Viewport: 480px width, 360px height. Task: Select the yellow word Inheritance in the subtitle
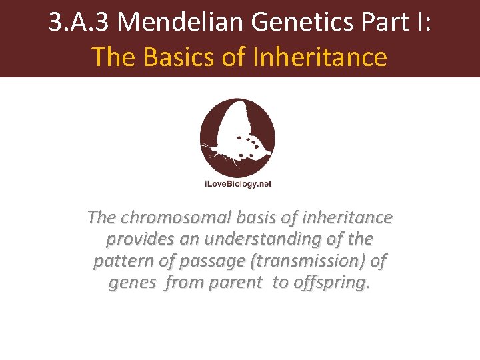(320, 57)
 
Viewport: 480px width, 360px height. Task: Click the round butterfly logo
(237, 137)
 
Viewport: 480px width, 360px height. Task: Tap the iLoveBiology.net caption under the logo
(237, 184)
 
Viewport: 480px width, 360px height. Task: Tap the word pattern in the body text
(118, 261)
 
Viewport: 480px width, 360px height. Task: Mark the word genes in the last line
(131, 282)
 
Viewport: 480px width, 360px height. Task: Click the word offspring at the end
(331, 282)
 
